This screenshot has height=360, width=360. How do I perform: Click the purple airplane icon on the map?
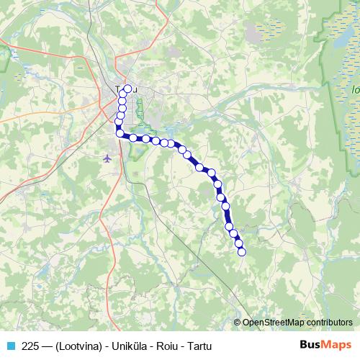pos(108,158)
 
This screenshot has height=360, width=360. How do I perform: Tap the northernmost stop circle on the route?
pos(128,89)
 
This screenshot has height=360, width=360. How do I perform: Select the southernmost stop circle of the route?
pos(242,251)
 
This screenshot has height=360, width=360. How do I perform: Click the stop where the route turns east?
pos(120,132)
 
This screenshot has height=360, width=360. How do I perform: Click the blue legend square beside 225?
pos(10,344)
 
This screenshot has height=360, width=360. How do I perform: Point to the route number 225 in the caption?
pos(31,344)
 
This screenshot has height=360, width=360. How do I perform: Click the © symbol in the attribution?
pos(237,323)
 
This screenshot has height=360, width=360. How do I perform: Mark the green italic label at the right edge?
pos(355,90)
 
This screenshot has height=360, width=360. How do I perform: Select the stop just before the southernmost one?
pos(238,243)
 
